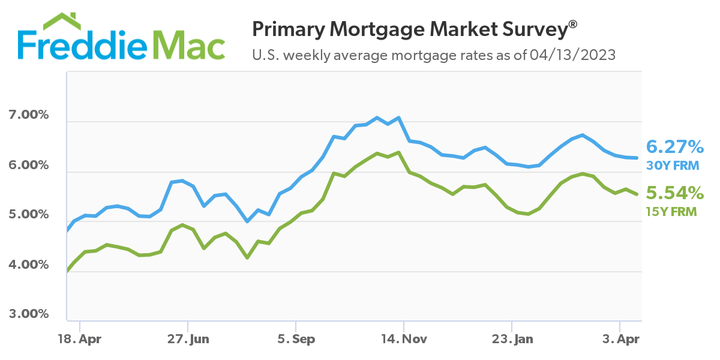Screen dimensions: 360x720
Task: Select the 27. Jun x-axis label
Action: tap(188, 340)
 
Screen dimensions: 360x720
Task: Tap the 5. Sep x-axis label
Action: tap(295, 340)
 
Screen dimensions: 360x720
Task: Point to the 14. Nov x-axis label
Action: tap(404, 340)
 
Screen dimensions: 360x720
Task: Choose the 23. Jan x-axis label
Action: tap(512, 340)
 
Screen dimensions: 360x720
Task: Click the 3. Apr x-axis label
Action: tap(620, 340)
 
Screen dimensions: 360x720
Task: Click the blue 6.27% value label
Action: tap(674, 146)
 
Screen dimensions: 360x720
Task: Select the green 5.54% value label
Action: tap(674, 193)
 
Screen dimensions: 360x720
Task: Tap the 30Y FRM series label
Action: tap(671, 164)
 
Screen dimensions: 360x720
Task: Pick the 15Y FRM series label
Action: tap(671, 211)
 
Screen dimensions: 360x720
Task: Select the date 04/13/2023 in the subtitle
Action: tap(573, 56)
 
